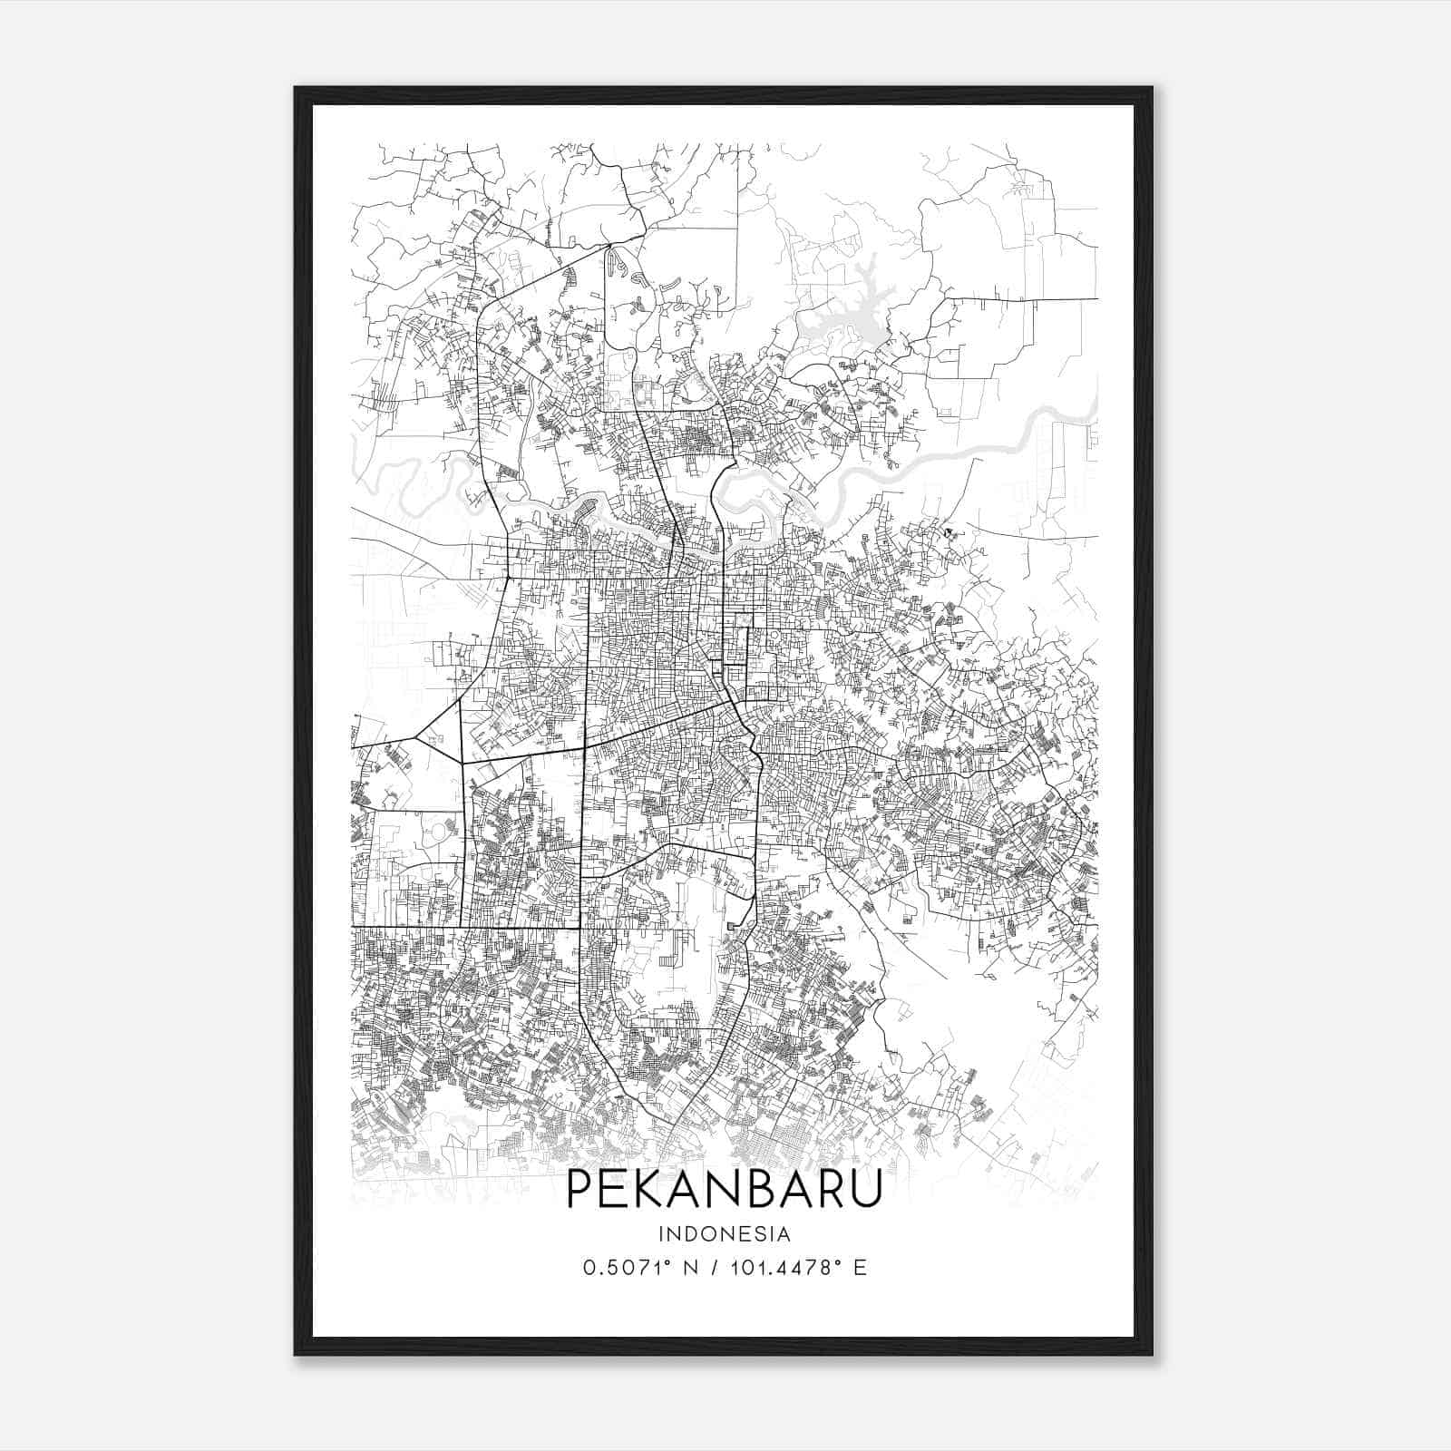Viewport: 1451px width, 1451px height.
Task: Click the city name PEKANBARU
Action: pos(724,1189)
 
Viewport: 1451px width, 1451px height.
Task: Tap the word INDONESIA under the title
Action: pos(724,1234)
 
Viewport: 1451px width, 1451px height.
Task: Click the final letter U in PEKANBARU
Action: pos(866,1189)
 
